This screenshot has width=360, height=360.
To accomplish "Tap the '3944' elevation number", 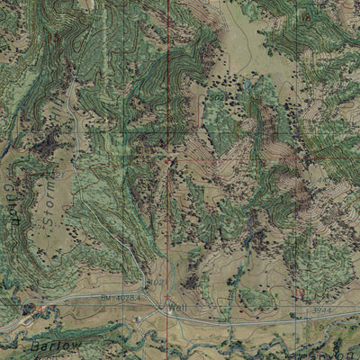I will (314, 309).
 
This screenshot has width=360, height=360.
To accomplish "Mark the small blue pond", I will (245, 88).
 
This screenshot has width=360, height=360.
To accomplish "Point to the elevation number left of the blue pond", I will (219, 94).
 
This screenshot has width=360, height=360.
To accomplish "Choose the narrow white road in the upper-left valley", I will (72, 117).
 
